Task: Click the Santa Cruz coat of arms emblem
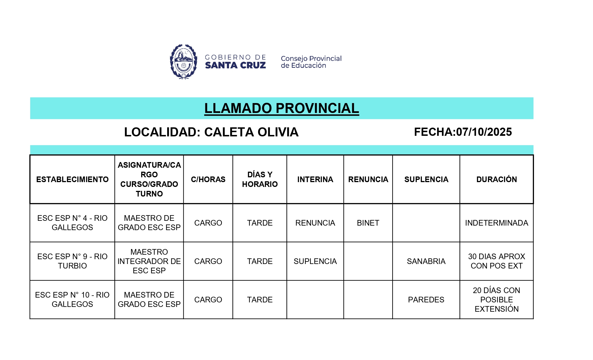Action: pos(184,62)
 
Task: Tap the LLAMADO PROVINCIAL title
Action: pos(282,108)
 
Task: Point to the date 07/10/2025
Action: pos(484,132)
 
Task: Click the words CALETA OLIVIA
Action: pos(251,132)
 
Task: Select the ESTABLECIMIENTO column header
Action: pos(72,179)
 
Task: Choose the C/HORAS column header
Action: pos(208,179)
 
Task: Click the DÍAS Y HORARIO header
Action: pos(260,179)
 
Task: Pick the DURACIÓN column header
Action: pos(496,179)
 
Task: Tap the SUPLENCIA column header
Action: pos(426,179)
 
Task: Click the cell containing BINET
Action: pos(368,223)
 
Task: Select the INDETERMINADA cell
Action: pos(496,223)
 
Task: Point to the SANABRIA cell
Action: pos(426,261)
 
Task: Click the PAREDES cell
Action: pos(426,300)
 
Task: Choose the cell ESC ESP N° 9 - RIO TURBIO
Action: pos(72,261)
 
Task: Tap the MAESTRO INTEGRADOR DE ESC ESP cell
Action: pos(149,261)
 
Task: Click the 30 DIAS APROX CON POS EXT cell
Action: pos(496,261)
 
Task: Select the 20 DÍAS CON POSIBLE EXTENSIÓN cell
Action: pos(496,300)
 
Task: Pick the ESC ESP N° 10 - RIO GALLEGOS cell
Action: pos(72,300)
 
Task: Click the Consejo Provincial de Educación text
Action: pos(311,62)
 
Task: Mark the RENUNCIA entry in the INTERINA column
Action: pos(315,223)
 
